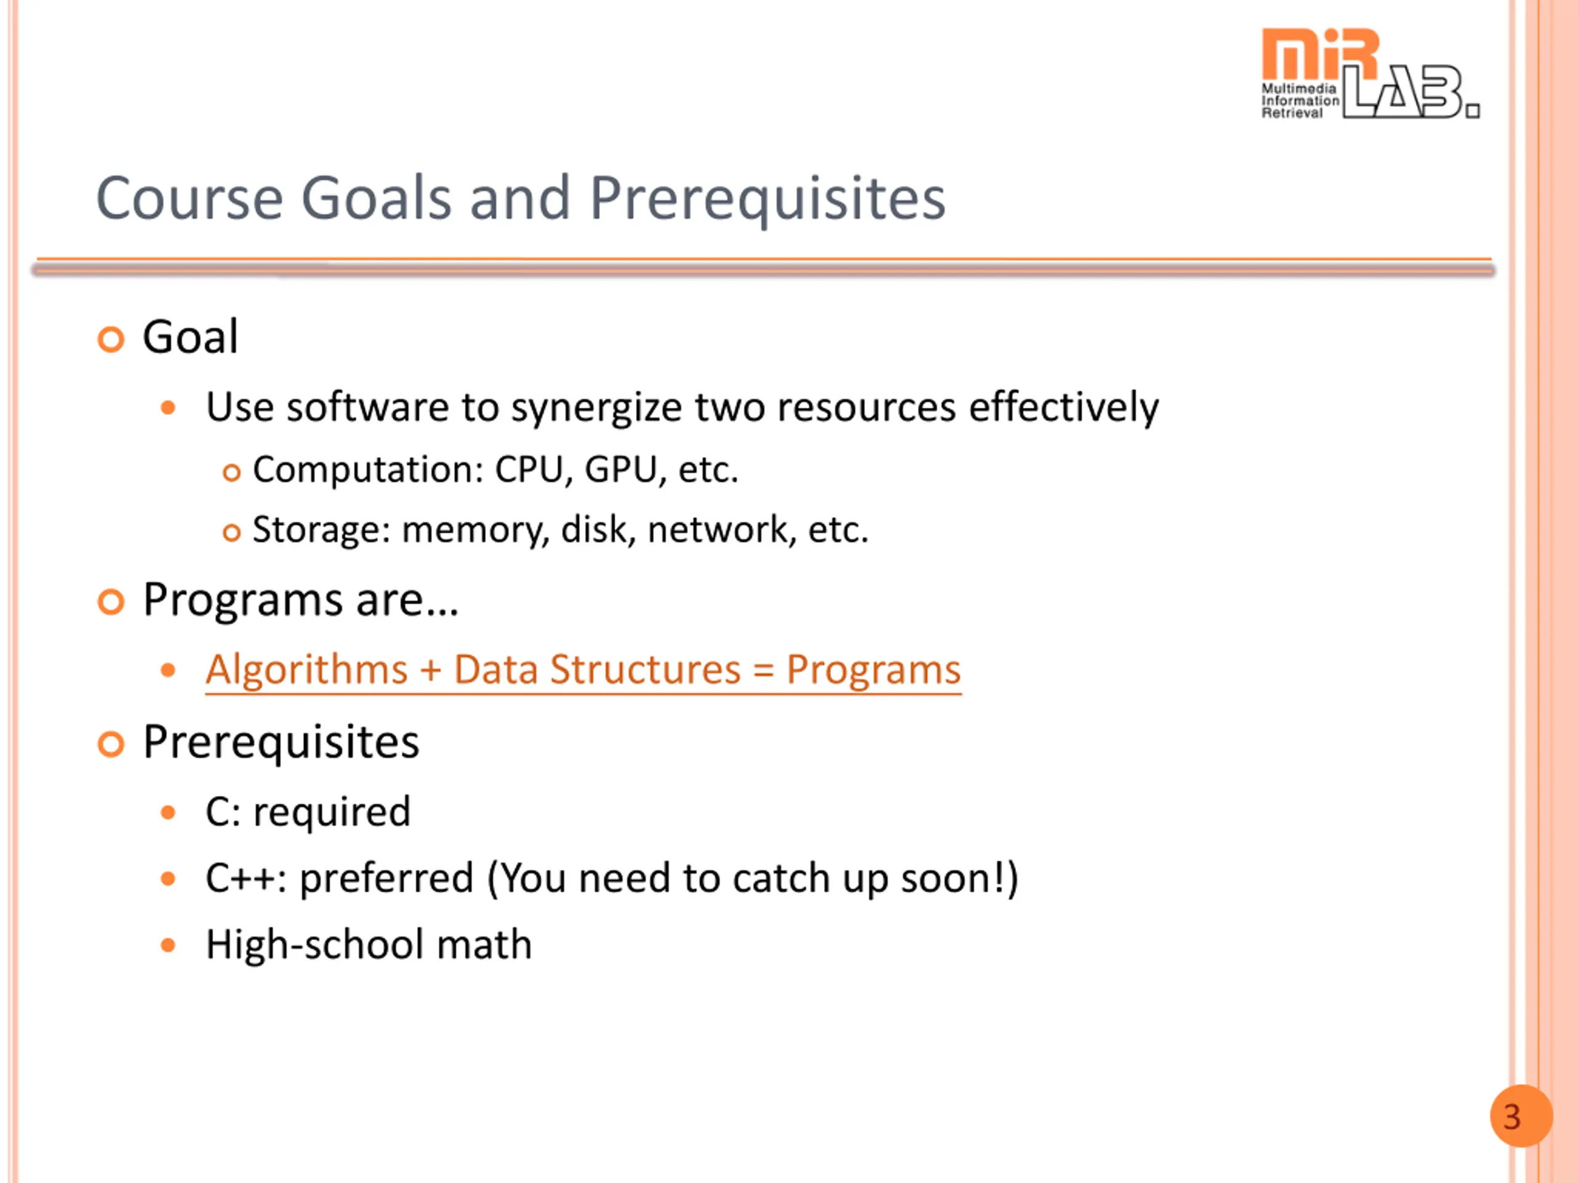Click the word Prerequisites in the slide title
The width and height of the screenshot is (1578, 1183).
click(767, 200)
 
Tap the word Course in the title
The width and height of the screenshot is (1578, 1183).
click(190, 198)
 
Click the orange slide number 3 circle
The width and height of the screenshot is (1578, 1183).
click(1521, 1116)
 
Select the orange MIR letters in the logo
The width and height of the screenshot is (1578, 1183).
click(1319, 54)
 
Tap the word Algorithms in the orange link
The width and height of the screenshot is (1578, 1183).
click(307, 670)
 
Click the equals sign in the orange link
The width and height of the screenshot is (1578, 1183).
click(762, 671)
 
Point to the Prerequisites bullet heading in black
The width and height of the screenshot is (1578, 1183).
click(281, 743)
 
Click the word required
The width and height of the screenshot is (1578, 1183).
click(332, 813)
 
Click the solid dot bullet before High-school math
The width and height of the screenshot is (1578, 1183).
click(168, 946)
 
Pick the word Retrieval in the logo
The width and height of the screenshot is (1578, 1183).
click(1292, 113)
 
